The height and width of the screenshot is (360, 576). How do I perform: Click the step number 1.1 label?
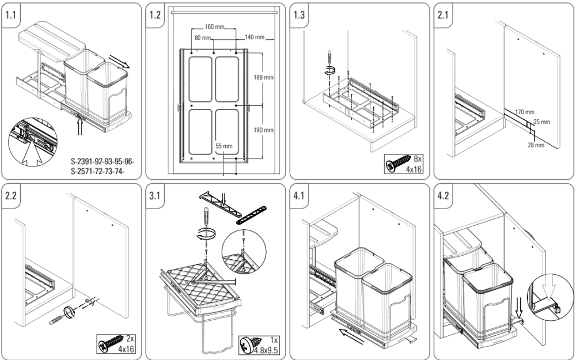click(11, 16)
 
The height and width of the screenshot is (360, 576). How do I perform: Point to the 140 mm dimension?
click(253, 37)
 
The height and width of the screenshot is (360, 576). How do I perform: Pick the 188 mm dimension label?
click(264, 77)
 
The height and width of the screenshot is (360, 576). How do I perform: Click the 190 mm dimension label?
click(264, 130)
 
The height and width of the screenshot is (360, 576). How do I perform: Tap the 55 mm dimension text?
click(223, 146)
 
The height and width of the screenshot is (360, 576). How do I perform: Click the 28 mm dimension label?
click(536, 145)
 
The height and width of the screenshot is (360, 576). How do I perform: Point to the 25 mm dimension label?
click(541, 122)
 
